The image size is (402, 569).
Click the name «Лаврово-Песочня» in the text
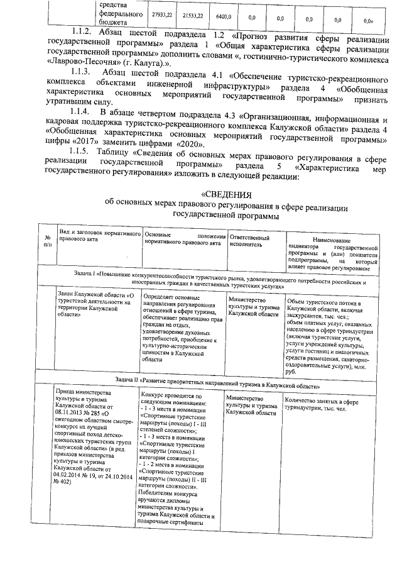83,64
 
